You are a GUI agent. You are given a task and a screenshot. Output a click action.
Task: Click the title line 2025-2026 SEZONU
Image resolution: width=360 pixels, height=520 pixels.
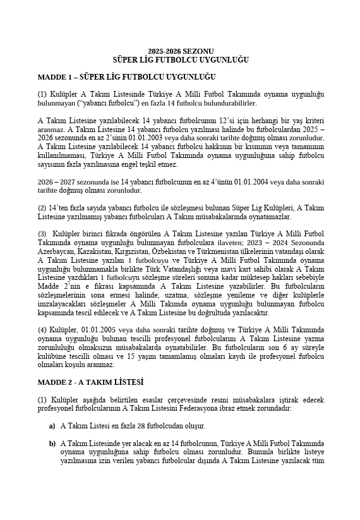click(x=180, y=51)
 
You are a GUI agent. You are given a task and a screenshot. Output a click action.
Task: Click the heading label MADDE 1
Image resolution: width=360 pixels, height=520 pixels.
click(x=56, y=77)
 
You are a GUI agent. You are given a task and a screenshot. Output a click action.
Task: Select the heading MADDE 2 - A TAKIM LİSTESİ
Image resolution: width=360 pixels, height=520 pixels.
click(x=90, y=382)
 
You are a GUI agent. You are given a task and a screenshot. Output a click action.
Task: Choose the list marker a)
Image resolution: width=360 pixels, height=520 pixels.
click(x=52, y=426)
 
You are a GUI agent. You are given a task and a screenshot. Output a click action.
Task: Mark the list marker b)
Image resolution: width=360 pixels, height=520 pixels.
click(x=52, y=444)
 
